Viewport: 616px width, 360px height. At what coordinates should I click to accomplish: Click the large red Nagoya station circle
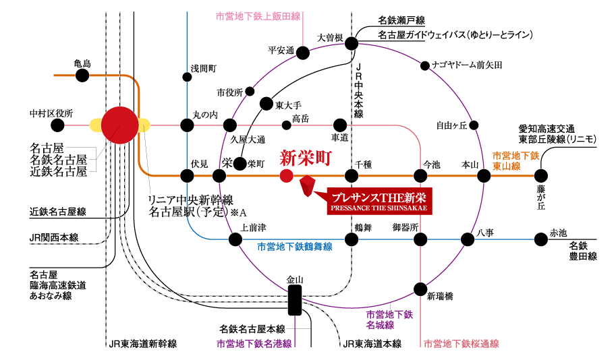pyautogui.click(x=120, y=125)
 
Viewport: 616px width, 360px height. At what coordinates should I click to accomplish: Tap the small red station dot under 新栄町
pyautogui.click(x=286, y=176)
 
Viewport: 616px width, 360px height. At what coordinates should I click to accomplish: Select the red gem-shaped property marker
pyautogui.click(x=308, y=187)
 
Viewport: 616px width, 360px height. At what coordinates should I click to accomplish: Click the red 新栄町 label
pyautogui.click(x=306, y=158)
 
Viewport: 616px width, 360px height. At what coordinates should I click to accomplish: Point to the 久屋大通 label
pyautogui.click(x=248, y=140)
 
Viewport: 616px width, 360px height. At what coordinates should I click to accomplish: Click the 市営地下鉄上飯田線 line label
pyautogui.click(x=258, y=16)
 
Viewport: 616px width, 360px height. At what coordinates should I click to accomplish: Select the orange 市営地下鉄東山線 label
pyautogui.click(x=516, y=160)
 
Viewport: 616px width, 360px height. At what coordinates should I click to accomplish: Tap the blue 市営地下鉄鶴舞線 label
pyautogui.click(x=295, y=247)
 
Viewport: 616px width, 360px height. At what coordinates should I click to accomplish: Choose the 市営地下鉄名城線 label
pyautogui.click(x=389, y=320)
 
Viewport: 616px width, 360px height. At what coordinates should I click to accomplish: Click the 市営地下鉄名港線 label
pyautogui.click(x=254, y=344)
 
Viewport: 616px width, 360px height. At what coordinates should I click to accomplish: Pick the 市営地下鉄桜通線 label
pyautogui.click(x=461, y=344)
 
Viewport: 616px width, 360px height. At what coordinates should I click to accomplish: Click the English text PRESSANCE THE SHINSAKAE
pyautogui.click(x=379, y=208)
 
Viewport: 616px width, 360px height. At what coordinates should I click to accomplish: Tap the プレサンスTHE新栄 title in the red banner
pyautogui.click(x=379, y=198)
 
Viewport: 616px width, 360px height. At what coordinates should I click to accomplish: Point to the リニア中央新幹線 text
pyautogui.click(x=191, y=200)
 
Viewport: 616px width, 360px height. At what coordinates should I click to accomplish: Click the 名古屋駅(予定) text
pyautogui.click(x=191, y=212)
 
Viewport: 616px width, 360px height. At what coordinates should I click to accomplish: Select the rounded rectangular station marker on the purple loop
pyautogui.click(x=295, y=300)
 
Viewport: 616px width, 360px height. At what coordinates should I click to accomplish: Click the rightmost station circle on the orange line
pyautogui.click(x=541, y=176)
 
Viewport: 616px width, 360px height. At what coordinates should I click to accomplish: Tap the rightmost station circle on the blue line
pyautogui.click(x=541, y=239)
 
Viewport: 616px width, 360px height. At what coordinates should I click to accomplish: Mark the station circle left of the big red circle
pyautogui.click(x=57, y=125)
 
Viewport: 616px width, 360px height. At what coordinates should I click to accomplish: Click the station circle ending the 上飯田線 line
pyautogui.click(x=303, y=52)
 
